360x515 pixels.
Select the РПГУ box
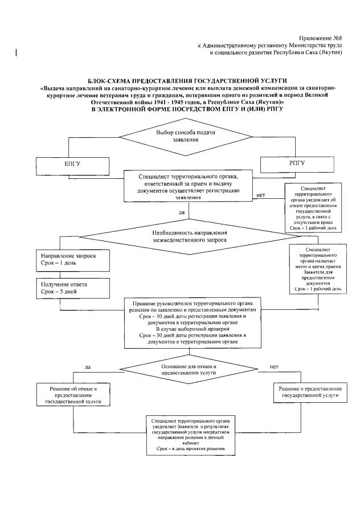tap(293, 164)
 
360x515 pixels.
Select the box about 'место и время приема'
tap(317, 269)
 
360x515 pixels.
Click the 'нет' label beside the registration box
tap(261, 195)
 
